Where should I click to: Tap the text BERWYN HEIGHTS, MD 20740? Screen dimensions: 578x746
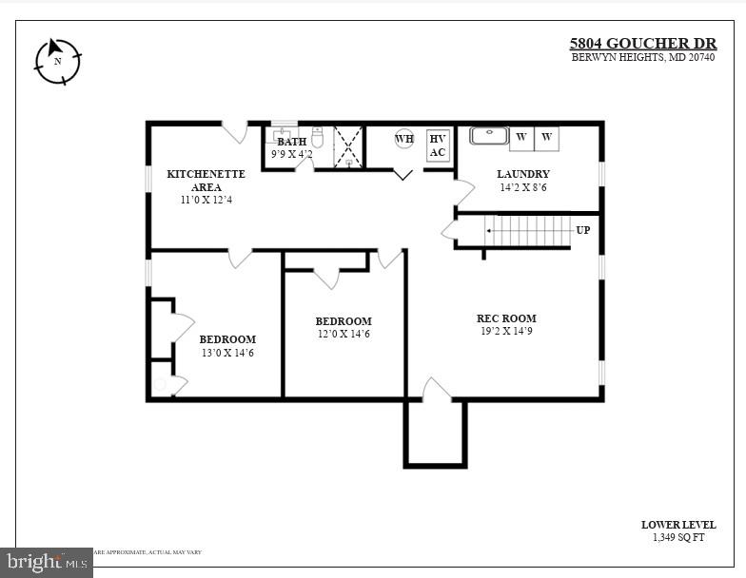tap(642, 57)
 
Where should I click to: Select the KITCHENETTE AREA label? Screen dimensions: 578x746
tap(206, 181)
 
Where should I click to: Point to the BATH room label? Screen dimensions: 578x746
tap(291, 142)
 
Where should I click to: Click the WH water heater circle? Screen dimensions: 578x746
tap(404, 139)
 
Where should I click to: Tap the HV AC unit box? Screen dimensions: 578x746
tap(437, 144)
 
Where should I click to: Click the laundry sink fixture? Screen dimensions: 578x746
tap(488, 136)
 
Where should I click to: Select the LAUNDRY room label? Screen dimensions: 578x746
tap(523, 174)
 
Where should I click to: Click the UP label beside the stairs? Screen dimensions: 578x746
tap(582, 230)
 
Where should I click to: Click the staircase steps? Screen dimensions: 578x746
tap(527, 230)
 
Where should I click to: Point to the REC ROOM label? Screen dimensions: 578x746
tap(506, 318)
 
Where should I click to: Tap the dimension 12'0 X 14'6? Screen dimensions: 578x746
tap(344, 334)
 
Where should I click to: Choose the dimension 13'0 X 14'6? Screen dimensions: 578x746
tap(227, 353)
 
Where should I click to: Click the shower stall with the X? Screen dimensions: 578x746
tap(347, 147)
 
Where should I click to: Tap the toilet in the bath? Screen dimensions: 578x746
tap(318, 138)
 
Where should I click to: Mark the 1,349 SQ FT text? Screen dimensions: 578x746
tap(677, 538)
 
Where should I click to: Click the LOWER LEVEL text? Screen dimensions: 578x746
tap(677, 525)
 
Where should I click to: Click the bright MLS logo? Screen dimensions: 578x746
tap(46, 562)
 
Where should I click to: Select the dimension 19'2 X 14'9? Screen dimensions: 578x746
tap(506, 332)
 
